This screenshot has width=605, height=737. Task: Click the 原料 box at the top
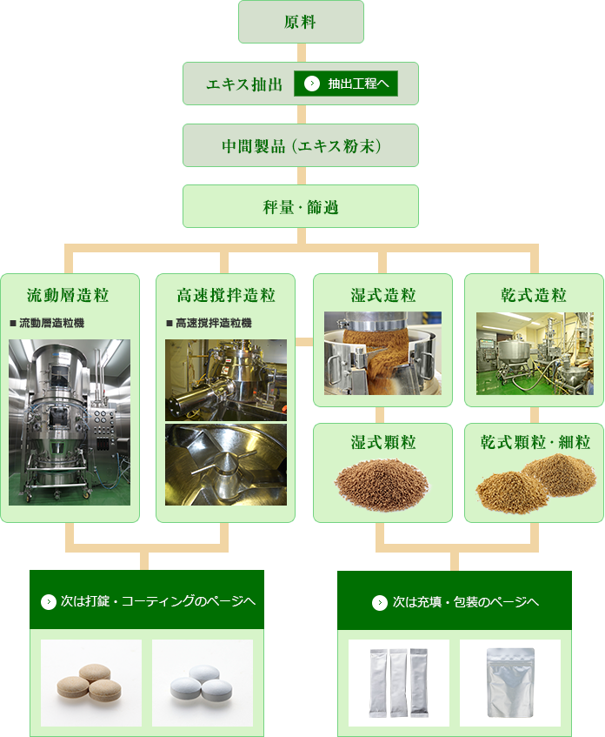301,22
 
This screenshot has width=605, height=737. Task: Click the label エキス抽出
244,84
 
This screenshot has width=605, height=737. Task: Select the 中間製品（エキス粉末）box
301,145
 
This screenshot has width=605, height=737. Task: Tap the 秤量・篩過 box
301,206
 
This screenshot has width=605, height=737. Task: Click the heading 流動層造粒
68,295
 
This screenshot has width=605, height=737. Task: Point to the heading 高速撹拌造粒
226,295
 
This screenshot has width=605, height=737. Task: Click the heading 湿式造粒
383,295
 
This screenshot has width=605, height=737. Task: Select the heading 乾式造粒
534,295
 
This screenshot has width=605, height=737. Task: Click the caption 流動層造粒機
51,323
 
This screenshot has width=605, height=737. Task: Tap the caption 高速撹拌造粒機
214,323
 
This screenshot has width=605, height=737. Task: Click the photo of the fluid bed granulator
70,423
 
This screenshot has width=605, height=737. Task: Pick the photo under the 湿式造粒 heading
382,353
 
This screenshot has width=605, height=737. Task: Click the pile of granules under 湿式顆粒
382,484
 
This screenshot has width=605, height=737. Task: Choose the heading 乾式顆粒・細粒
535,442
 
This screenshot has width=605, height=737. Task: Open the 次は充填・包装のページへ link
455,600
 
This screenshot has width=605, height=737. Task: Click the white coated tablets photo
203,683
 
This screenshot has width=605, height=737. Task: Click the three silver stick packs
399,683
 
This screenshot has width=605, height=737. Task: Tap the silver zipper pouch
510,683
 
